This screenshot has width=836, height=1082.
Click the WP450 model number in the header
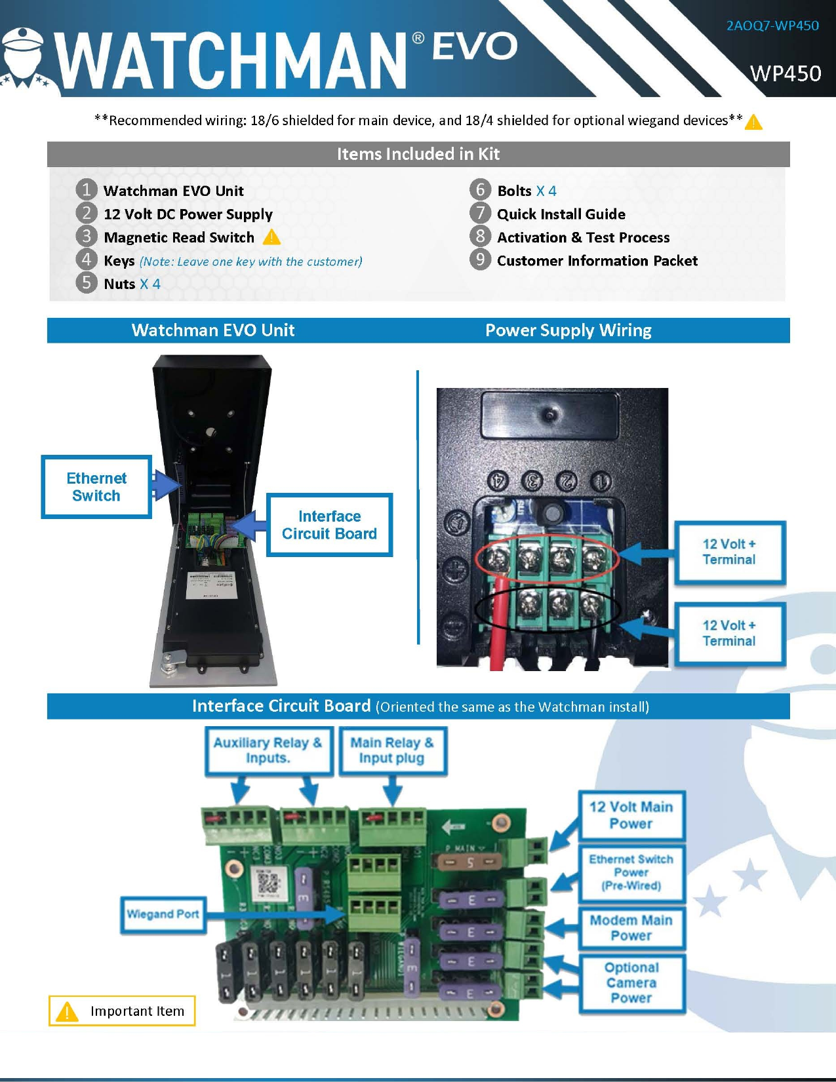point(785,73)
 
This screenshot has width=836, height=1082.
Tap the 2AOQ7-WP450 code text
point(772,26)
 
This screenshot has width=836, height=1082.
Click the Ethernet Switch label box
point(96,487)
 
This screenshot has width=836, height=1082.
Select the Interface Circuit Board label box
point(329,525)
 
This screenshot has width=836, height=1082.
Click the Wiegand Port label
point(163,914)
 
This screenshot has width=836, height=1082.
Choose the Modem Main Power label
point(631,928)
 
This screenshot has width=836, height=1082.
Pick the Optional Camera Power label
point(631,983)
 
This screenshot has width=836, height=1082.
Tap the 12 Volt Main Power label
point(631,815)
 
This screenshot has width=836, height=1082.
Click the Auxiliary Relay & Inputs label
point(268,750)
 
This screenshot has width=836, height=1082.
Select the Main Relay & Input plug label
point(392,750)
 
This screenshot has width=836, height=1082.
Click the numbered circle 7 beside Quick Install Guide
point(480,213)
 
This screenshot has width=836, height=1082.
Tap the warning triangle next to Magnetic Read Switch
point(271,237)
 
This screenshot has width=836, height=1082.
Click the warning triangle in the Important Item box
point(67,1012)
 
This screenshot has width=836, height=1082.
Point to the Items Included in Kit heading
point(418,154)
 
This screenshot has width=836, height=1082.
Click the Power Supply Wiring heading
point(568,330)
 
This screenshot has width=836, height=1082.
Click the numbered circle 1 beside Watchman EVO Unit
point(86,190)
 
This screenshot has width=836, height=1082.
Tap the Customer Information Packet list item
point(597,261)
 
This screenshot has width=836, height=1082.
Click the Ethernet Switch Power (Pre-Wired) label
point(631,872)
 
